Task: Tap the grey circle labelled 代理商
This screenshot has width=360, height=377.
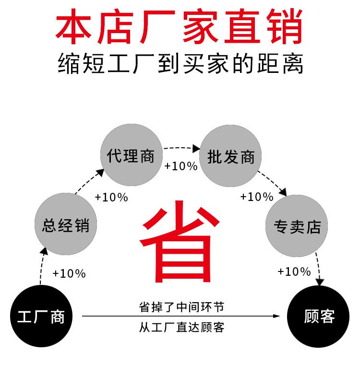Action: point(131,155)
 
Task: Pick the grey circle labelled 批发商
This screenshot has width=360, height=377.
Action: point(230,156)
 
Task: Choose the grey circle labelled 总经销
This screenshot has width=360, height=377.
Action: point(65,224)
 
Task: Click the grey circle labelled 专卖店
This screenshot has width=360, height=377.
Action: point(297,225)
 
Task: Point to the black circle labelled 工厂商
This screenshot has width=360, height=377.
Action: point(41,316)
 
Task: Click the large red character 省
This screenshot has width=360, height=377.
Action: point(180,240)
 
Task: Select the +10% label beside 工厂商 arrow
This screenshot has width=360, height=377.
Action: point(69,274)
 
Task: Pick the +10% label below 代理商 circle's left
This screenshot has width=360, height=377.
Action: point(111,197)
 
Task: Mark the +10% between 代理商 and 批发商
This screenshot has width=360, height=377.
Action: point(181,166)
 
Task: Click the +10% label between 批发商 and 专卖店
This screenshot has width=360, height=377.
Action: point(257,197)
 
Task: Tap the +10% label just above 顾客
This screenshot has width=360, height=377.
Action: point(294,272)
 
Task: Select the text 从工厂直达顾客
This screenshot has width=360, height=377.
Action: point(181,328)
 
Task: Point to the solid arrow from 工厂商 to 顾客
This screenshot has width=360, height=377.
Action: point(181,317)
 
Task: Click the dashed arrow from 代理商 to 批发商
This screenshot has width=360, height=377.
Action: point(181,149)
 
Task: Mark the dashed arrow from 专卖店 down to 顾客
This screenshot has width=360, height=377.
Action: point(318,269)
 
